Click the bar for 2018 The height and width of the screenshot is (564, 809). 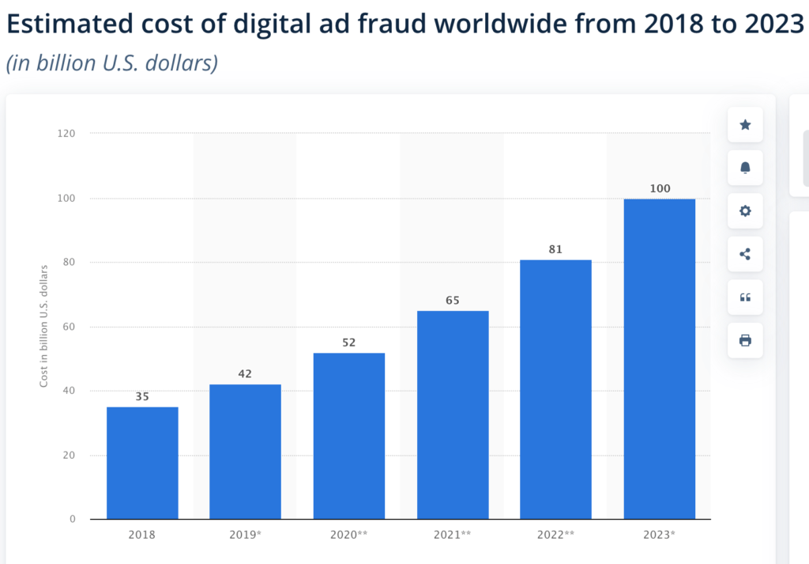142,463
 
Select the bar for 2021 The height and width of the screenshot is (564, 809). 453,414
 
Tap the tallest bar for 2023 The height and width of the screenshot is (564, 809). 659,359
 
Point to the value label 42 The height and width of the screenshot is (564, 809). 245,373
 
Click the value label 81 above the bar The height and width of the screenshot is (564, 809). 555,249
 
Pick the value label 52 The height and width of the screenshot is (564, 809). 348,343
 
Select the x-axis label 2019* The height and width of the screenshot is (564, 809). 245,535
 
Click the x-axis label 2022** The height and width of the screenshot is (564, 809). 555,535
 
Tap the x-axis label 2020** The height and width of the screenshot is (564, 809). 348,535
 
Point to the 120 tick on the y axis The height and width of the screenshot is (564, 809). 66,134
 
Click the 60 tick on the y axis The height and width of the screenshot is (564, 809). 70,327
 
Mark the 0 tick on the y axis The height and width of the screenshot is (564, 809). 73,520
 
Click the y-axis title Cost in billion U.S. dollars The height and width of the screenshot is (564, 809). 44,326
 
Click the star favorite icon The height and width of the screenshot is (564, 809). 745,125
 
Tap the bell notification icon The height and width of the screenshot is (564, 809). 745,168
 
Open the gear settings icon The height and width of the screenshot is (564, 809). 745,211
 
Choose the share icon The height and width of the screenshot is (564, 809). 745,254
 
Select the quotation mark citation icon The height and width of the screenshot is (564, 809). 745,297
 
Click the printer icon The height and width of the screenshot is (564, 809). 745,340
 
